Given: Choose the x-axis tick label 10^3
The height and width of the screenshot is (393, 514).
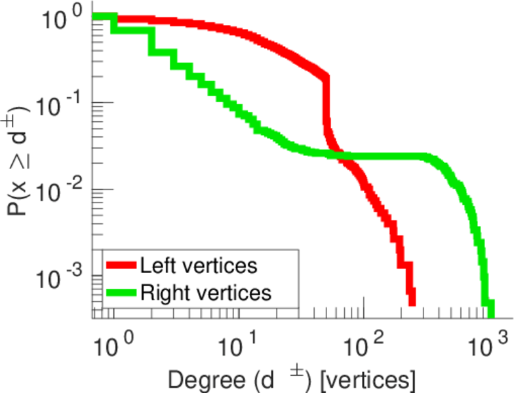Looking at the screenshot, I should [488, 344].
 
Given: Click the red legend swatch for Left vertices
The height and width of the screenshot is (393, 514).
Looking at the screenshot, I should [121, 267].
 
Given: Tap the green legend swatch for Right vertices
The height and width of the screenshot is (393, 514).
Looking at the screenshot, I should [121, 292].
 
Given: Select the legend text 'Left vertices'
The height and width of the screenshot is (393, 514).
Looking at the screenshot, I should [198, 266].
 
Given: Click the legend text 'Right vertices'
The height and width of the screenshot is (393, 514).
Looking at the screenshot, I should [205, 292].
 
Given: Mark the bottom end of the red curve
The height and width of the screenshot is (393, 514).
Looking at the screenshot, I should [412, 301].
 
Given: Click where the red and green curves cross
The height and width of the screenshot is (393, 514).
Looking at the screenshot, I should [340, 155].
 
